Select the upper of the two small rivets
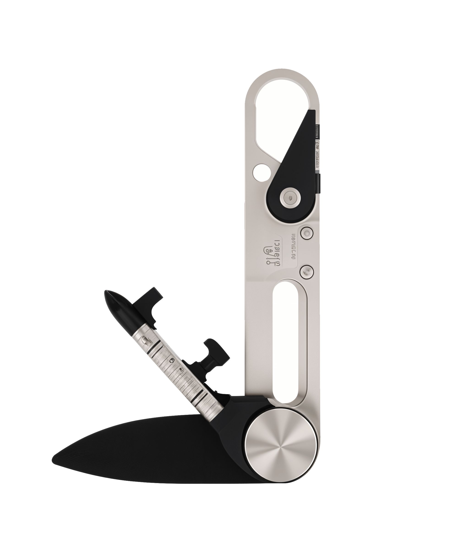coord(307,233)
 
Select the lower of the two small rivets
coord(307,272)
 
